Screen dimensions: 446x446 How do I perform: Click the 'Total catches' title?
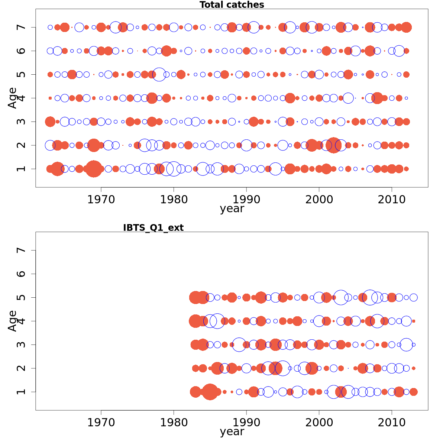232,5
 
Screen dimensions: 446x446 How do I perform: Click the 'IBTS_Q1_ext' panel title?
153,228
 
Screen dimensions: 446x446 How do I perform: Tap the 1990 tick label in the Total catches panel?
246,200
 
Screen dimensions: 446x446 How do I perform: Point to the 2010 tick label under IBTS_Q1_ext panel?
391,423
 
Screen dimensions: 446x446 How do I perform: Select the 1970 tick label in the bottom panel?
101,423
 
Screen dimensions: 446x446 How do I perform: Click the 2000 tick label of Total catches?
319,200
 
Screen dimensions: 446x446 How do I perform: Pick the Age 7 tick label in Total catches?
22,27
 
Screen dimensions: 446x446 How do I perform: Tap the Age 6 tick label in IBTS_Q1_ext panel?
22,274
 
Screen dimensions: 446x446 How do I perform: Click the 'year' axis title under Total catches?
232,209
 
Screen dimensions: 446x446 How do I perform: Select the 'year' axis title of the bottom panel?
232,432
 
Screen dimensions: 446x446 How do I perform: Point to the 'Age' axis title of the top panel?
13,98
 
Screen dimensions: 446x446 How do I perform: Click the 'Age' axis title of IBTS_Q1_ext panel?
13,321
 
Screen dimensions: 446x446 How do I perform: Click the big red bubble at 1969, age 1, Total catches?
94,169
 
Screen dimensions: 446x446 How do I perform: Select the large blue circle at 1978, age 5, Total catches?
159,74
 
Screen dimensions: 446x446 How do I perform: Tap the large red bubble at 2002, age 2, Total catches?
333,145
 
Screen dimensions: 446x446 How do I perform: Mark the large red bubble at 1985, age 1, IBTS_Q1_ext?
210,392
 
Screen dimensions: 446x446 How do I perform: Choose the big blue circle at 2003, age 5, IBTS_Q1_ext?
340,297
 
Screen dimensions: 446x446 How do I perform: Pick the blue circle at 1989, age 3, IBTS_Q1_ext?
239,345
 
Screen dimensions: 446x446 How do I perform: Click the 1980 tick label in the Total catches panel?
174,200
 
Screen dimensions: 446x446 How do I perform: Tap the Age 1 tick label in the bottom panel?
22,392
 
